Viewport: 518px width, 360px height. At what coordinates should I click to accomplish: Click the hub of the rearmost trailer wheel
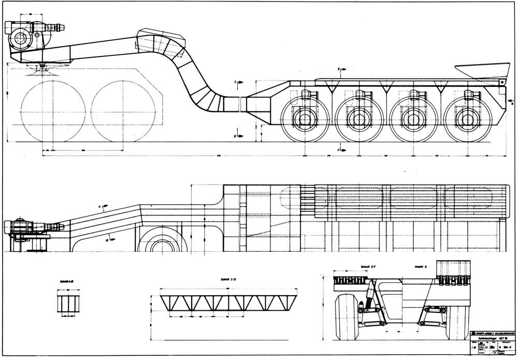[x=470, y=119]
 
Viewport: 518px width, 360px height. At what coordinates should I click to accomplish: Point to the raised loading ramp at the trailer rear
[x=482, y=71]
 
